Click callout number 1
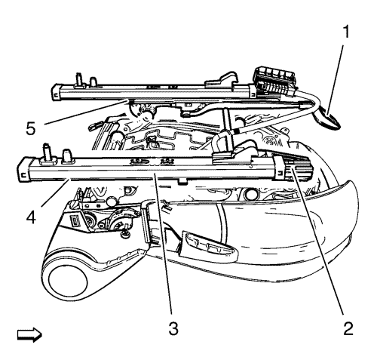tap(346, 32)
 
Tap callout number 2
tap(348, 328)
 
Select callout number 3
tap(173, 328)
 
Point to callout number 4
tap(31, 217)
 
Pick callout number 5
tap(31, 128)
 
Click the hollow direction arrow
tap(29, 335)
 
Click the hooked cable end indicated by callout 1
tap(327, 118)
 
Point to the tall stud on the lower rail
tap(48, 153)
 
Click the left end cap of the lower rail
tap(23, 169)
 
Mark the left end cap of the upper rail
tap(57, 93)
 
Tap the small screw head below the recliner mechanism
tap(125, 235)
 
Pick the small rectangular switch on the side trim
tap(75, 220)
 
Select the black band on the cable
tap(236, 131)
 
